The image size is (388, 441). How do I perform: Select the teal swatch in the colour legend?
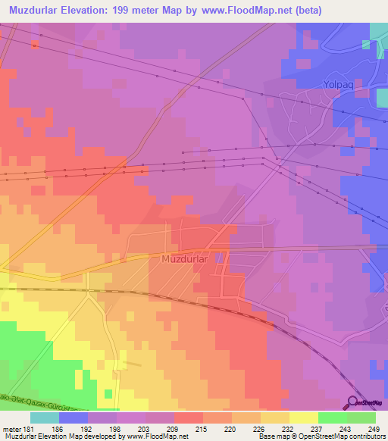click(45, 418)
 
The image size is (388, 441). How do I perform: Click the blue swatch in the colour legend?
click(74, 418)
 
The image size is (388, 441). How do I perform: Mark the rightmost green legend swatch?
click(361, 418)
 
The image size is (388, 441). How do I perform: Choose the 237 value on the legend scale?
click(306, 428)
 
